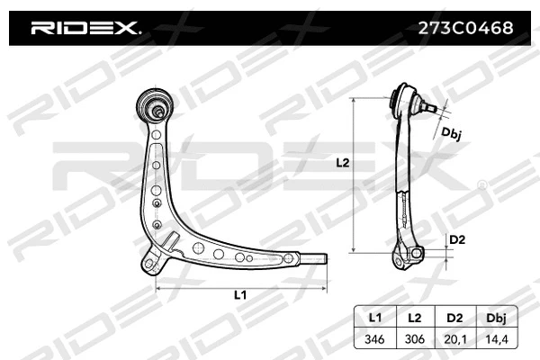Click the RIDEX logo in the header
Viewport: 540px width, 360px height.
click(x=85, y=28)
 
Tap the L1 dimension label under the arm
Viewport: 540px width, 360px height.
click(x=239, y=294)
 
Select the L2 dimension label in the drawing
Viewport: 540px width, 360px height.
click(x=341, y=163)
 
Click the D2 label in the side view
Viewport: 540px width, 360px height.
click(x=457, y=239)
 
